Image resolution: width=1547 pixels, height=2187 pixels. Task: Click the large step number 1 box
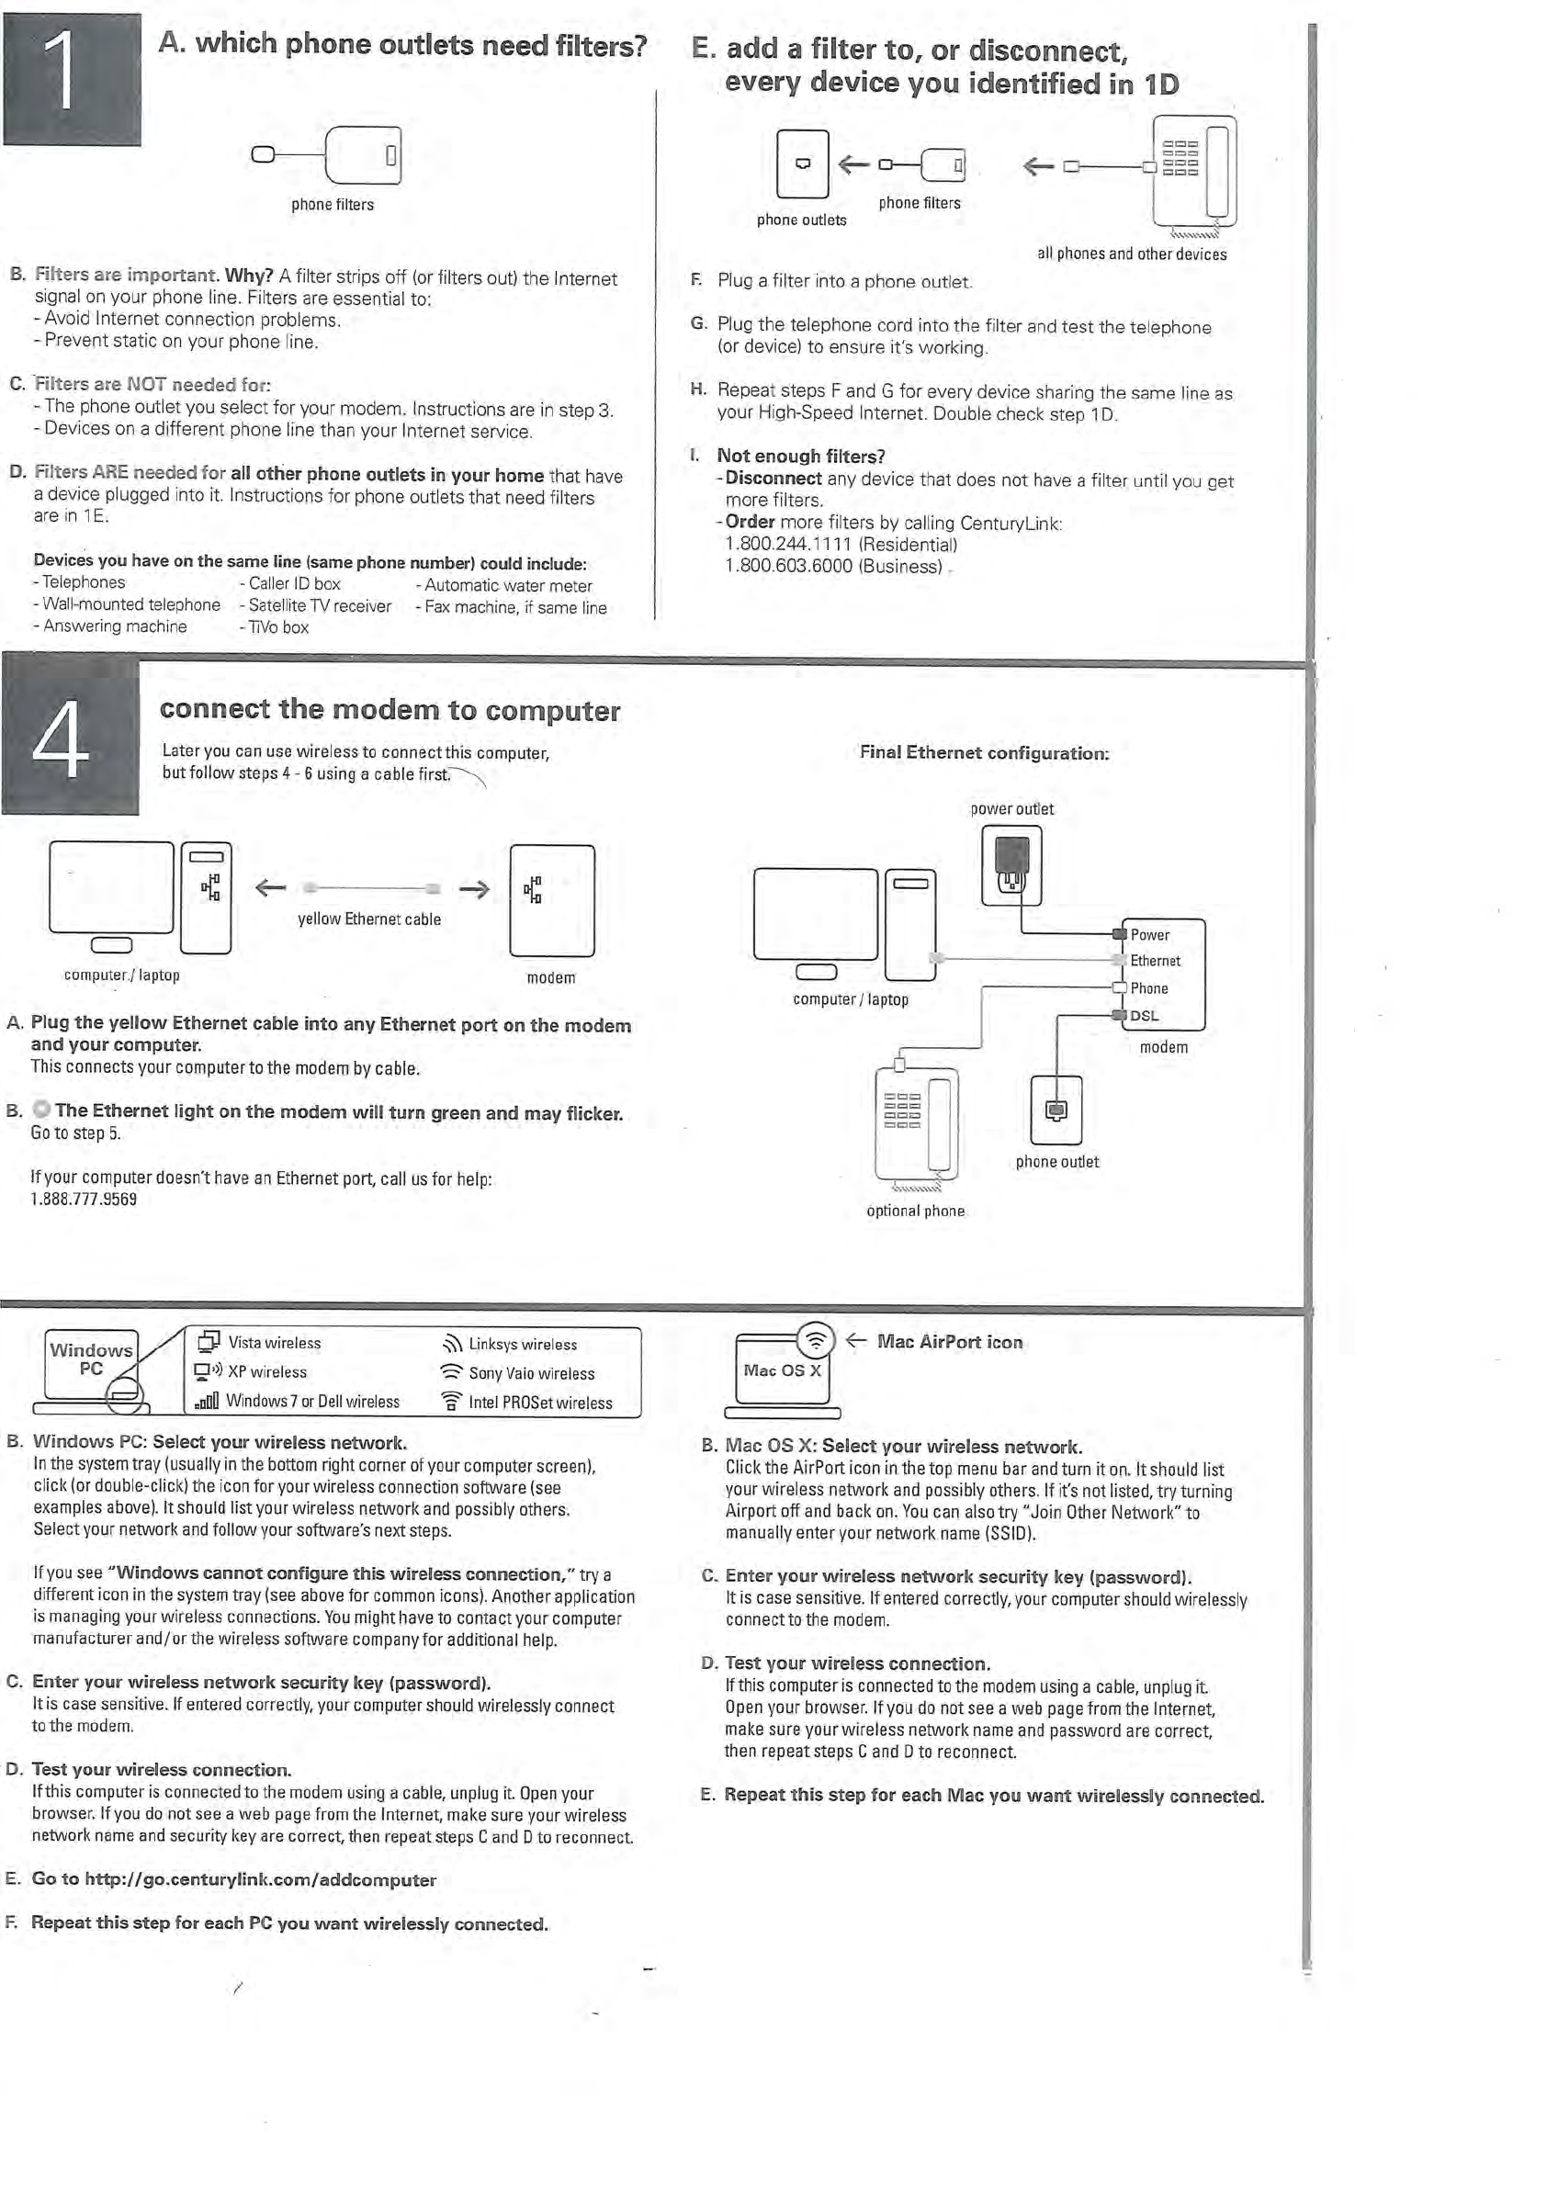coord(72,80)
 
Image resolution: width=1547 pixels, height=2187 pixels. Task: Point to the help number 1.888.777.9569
coord(84,1200)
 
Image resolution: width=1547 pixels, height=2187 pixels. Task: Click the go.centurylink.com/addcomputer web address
coord(260,1879)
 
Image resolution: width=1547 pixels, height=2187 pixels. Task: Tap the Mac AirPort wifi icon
coord(816,1341)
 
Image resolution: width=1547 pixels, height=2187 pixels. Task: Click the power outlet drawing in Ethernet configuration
coord(1011,864)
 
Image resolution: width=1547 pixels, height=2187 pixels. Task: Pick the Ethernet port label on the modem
coord(1155,961)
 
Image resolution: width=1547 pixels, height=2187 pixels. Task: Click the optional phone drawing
coord(917,1124)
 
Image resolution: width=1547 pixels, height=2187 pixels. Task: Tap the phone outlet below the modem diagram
coord(1056,1110)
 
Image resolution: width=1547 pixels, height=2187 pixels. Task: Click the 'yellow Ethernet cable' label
coord(369,919)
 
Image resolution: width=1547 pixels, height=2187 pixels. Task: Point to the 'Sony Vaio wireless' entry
coord(531,1373)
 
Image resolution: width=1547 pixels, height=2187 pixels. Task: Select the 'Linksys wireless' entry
coord(522,1344)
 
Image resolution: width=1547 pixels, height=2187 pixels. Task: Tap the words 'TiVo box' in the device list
coord(278,627)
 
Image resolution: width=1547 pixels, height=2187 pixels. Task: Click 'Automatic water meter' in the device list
coord(508,586)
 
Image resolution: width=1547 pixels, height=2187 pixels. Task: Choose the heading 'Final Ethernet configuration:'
coord(984,752)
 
